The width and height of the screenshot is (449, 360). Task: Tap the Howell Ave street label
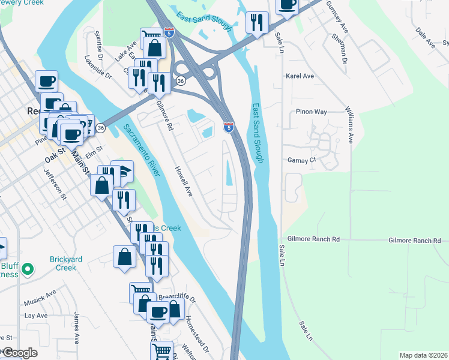183,182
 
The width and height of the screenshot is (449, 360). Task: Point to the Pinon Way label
311,112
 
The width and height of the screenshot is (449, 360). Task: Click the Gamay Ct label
304,161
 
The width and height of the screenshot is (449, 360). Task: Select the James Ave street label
76,327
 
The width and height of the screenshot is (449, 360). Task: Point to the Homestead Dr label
196,332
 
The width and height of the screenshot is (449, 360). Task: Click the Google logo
19,353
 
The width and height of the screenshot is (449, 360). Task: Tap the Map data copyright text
423,355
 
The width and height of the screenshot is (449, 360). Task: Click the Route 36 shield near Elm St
101,128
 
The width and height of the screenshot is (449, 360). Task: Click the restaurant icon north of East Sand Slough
257,23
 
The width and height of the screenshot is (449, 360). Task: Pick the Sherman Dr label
339,48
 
